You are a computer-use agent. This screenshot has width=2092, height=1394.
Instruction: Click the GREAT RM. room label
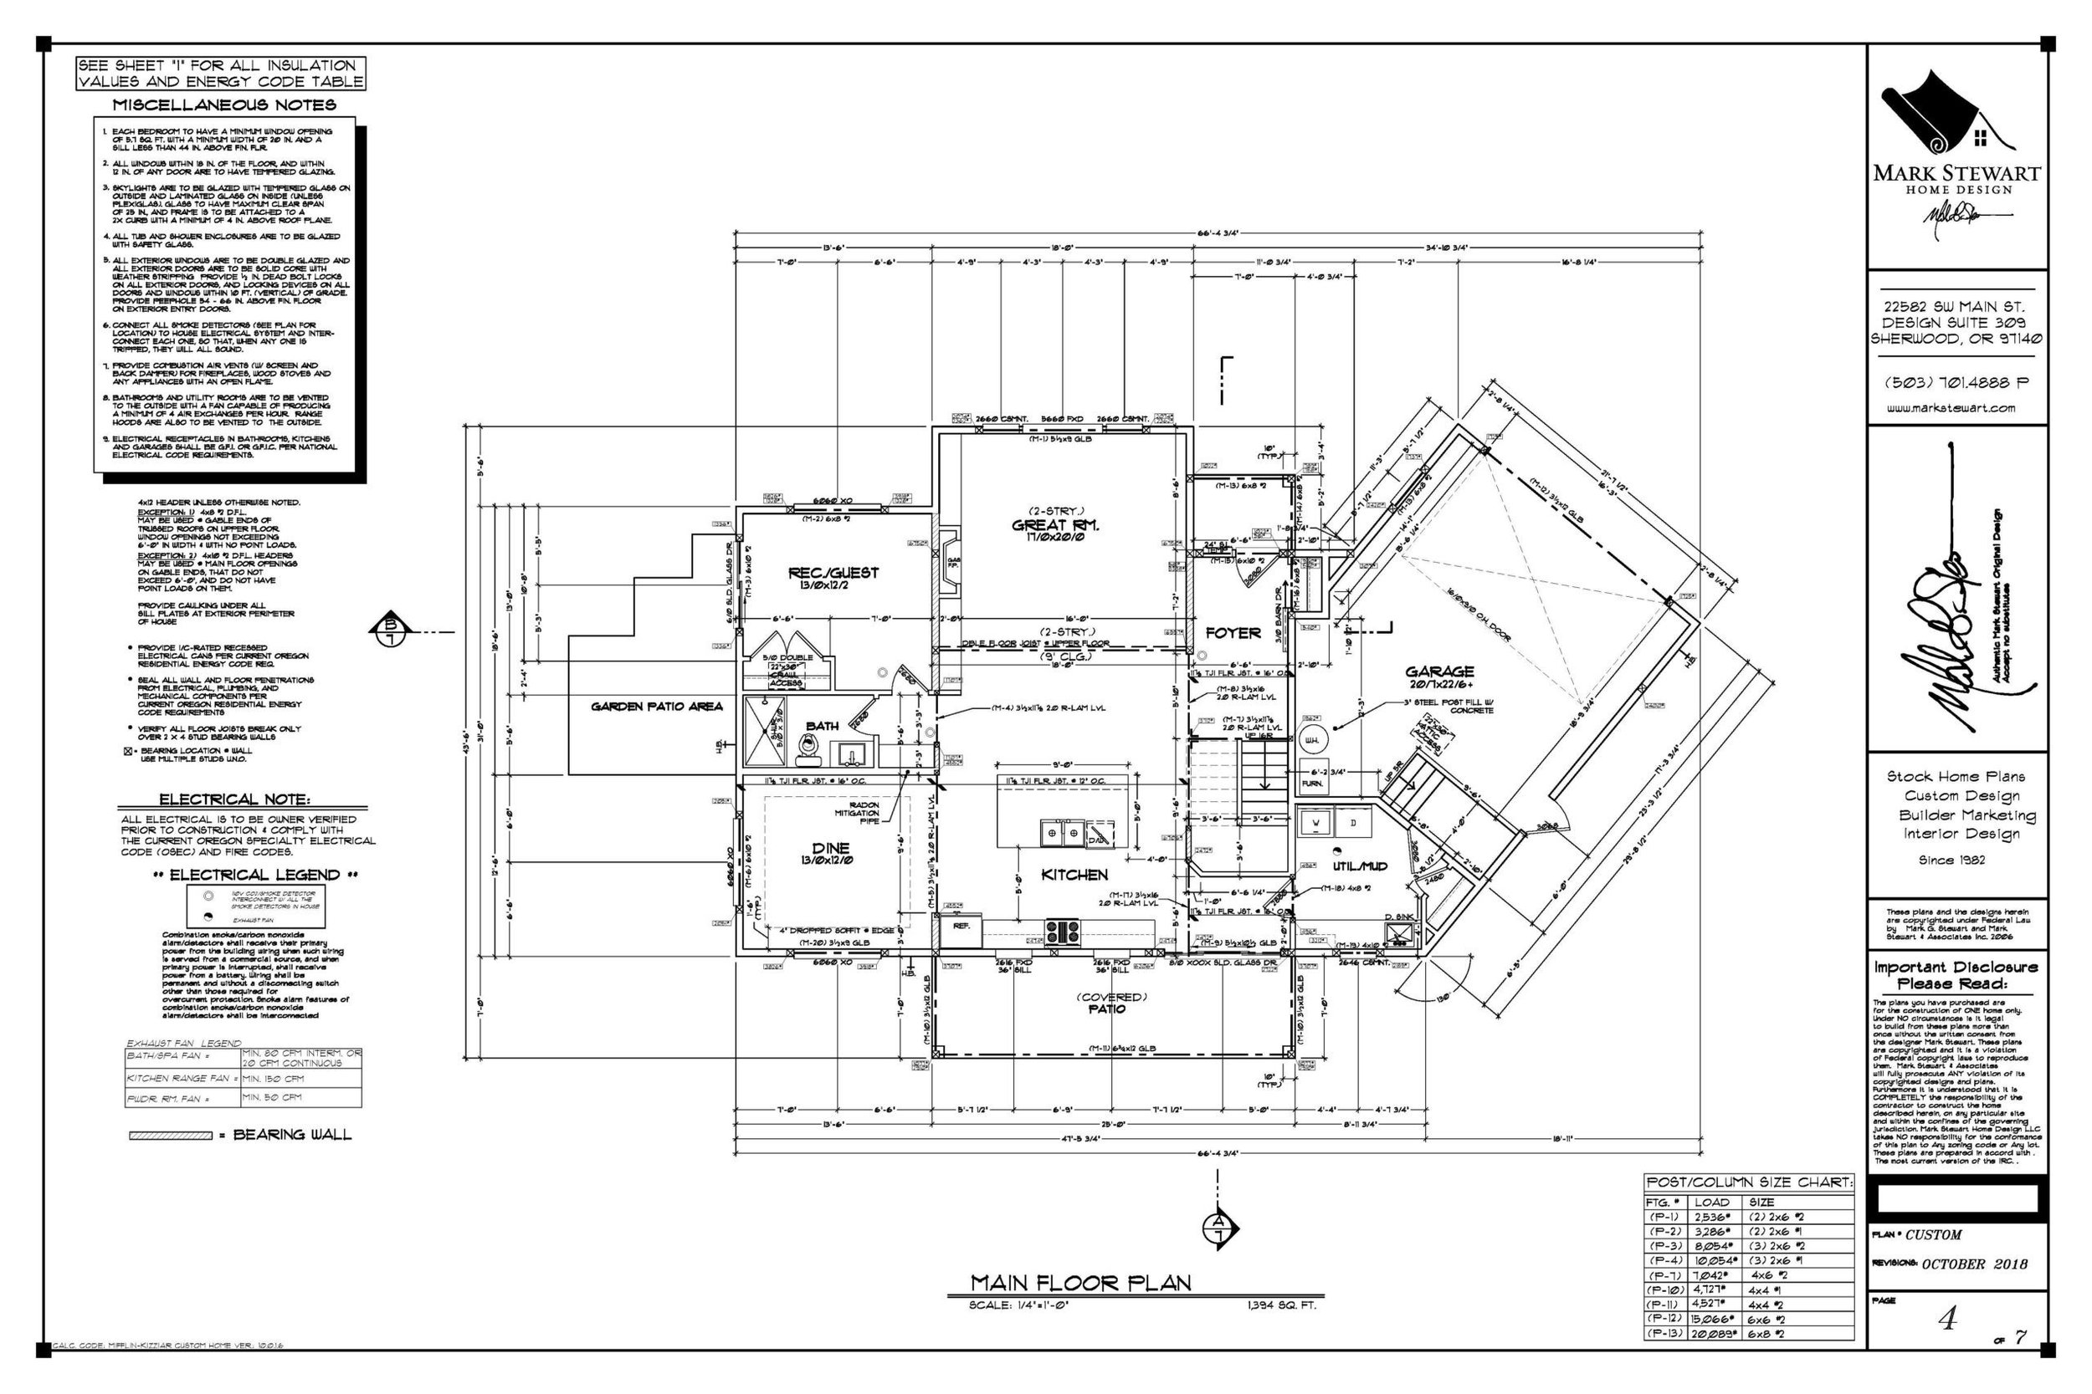point(1056,525)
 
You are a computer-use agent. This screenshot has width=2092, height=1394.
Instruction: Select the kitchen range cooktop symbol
point(1062,931)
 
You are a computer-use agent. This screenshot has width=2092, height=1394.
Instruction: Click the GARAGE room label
point(1439,671)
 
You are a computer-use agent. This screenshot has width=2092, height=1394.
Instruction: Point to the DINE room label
point(831,848)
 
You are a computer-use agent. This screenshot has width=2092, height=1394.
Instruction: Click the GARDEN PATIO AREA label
point(656,706)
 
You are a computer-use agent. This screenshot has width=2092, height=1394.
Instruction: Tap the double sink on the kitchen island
point(1063,833)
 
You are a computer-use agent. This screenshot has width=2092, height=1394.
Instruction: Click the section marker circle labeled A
point(1218,1229)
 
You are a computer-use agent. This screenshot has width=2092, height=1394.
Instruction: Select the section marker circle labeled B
point(390,631)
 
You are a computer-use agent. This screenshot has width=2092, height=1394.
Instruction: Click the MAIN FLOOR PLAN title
point(1079,1282)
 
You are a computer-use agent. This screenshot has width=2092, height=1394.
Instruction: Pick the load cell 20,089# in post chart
point(1712,1333)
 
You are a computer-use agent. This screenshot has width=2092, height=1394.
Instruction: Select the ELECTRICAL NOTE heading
point(234,799)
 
